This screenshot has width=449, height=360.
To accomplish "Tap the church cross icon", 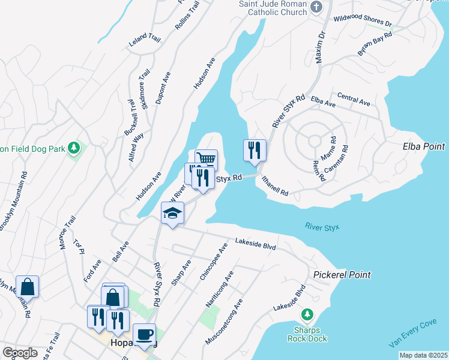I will [318, 7].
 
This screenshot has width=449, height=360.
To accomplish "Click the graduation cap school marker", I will [172, 214].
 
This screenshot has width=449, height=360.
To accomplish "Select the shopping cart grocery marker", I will [206, 160].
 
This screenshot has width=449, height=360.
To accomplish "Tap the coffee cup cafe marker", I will [144, 335].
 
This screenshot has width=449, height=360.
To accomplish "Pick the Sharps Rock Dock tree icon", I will [307, 314].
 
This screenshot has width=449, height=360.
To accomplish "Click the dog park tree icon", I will [74, 147].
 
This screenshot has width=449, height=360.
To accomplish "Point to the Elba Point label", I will [424, 146].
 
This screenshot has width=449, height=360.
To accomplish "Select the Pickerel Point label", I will [342, 275].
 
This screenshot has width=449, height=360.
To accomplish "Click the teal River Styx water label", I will [322, 227].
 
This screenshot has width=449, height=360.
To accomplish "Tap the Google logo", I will [20, 353].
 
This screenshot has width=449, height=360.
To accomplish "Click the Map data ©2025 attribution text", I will [423, 355].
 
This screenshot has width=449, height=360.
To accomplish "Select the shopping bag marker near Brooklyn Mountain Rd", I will [28, 287].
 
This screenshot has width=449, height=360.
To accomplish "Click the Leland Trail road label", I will [145, 41].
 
